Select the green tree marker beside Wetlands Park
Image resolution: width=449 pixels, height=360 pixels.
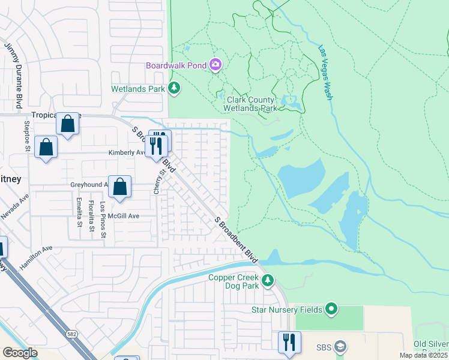click(x=174, y=89)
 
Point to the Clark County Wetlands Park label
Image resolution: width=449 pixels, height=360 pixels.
click(x=250, y=104)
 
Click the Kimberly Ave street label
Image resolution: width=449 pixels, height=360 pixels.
click(x=126, y=152)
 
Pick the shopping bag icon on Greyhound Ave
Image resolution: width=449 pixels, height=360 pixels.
click(x=121, y=187)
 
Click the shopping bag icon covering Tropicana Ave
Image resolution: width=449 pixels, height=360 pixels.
click(x=68, y=124)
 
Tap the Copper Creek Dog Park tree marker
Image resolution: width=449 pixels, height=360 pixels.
click(x=268, y=280)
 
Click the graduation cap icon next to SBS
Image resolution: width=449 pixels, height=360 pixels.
click(x=340, y=347)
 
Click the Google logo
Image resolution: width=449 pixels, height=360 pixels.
click(x=20, y=352)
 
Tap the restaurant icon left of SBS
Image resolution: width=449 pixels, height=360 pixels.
click(x=289, y=342)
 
